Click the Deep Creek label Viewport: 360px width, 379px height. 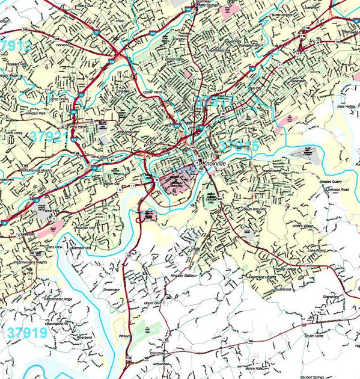point(59,99)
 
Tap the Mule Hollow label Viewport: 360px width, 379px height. point(347,106)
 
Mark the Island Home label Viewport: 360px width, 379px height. point(272,171)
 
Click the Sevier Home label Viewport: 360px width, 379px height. point(315,336)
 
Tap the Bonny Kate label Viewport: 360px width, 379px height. point(255,369)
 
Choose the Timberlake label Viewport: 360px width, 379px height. point(111,289)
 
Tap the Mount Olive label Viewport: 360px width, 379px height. point(153,303)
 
